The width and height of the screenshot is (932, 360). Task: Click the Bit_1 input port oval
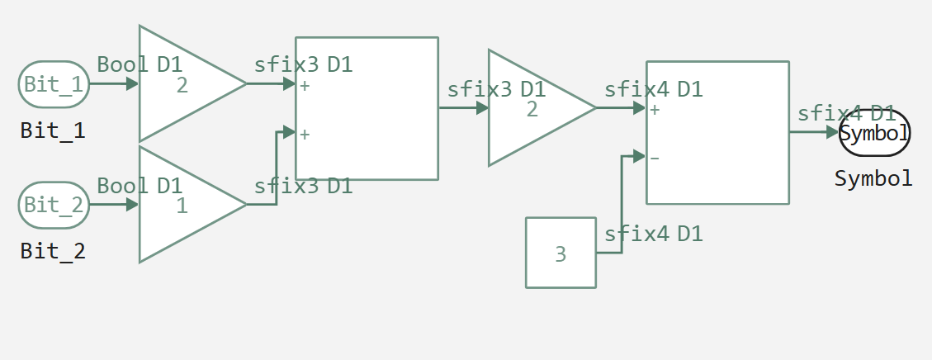pos(54,84)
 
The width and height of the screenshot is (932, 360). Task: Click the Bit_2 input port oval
pos(54,205)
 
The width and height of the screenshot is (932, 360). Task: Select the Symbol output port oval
pos(874,132)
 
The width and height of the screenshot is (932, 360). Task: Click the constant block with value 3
pos(561,253)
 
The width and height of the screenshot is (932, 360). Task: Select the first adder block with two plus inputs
pos(367,108)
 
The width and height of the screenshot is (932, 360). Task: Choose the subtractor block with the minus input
pos(717,132)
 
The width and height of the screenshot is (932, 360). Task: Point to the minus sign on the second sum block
pos(655,158)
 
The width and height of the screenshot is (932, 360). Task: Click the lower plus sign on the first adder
pos(305,134)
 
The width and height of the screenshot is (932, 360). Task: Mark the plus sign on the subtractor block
pos(655,109)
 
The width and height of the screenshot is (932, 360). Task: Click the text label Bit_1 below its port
pos(53,130)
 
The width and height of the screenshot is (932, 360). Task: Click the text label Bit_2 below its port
pos(53,251)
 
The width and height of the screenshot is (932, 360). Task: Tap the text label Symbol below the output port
pos(873,178)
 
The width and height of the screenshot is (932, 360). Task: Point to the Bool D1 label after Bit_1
pos(139,64)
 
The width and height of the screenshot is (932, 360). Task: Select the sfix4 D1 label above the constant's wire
pos(653,234)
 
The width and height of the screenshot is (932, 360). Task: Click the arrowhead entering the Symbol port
pos(832,132)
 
